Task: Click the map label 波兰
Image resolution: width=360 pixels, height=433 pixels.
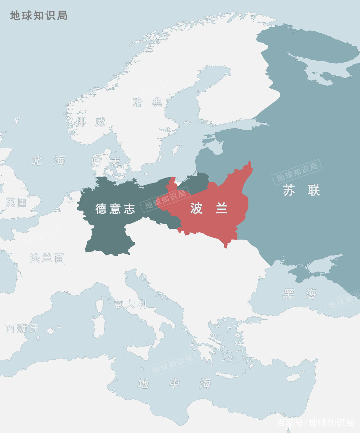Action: click(209, 208)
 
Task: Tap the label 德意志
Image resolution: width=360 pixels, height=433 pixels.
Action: click(115, 209)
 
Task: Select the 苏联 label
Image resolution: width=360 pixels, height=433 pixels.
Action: click(301, 191)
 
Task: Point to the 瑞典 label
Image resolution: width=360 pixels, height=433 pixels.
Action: click(147, 102)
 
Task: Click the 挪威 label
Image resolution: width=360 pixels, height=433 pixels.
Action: click(90, 122)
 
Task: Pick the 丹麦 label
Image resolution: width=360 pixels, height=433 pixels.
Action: click(106, 162)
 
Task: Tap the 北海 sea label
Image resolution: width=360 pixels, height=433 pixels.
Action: click(48, 160)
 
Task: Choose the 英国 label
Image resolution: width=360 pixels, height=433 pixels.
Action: click(17, 202)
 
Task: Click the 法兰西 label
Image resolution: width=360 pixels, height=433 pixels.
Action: click(47, 258)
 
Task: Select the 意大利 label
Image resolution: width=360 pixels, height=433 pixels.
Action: click(130, 304)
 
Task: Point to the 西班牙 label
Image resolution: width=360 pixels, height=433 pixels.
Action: click(22, 328)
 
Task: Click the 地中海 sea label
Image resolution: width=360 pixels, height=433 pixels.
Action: click(174, 383)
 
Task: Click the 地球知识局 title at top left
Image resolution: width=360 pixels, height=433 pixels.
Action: click(39, 16)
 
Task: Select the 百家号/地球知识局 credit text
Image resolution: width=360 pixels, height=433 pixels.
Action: click(315, 423)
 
